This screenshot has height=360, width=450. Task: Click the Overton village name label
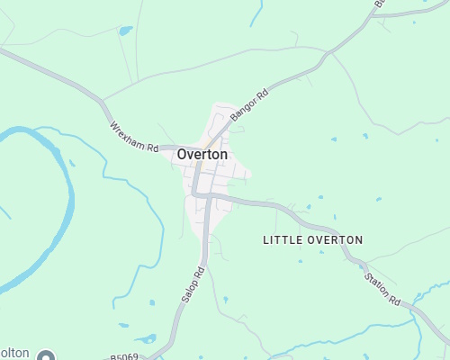point(202,154)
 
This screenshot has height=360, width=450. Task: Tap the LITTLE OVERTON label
point(312,240)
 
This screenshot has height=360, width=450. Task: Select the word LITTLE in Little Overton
point(280,240)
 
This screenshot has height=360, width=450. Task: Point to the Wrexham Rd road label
point(134,137)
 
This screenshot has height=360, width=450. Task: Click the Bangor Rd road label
point(250,104)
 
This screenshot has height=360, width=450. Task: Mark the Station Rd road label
point(382,285)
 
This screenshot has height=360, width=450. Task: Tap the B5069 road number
point(124,357)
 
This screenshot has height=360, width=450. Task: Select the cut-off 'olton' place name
point(14,353)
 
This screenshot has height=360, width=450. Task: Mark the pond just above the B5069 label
point(145,339)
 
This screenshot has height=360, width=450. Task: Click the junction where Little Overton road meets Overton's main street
point(209,194)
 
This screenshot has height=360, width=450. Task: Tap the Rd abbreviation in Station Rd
point(394,299)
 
